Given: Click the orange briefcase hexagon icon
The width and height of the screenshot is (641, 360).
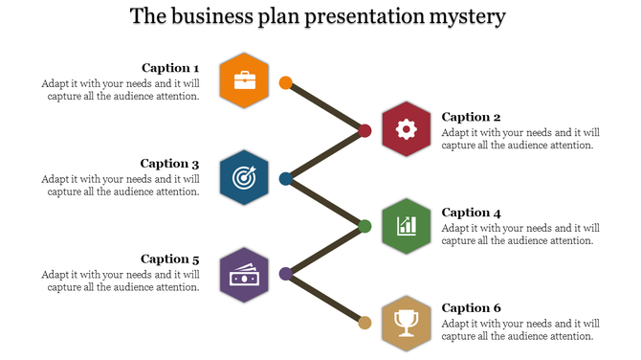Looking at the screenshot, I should tap(244, 80).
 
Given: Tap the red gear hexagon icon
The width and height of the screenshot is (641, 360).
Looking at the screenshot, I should tap(406, 128).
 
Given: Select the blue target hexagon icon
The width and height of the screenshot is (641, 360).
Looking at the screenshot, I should tap(244, 177).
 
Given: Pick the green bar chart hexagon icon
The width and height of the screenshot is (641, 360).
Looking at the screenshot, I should tap(406, 226).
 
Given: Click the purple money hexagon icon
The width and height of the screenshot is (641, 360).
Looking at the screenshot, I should tap(244, 274).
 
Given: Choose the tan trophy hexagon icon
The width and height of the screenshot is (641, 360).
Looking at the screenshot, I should tap(406, 322).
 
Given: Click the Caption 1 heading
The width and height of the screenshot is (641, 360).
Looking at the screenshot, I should tap(170, 68).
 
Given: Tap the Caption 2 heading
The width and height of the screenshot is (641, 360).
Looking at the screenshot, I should tap(472, 117).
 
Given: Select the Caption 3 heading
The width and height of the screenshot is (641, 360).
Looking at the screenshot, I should tap(170, 164).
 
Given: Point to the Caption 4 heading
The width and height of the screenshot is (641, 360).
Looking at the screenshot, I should tap(472, 213).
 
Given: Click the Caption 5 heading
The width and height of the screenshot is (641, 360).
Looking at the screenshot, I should tap(170, 259).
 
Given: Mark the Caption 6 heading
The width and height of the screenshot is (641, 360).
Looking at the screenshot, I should tap(472, 308).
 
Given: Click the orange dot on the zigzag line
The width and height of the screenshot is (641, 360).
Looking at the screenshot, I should tap(285, 82).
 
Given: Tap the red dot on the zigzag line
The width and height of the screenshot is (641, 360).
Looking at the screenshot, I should tap(365, 130).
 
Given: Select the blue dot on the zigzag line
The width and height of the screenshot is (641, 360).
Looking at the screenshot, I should tap(285, 178).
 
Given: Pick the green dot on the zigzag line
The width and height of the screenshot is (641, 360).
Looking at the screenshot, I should tap(365, 226).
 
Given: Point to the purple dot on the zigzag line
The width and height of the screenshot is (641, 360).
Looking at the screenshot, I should tap(285, 274).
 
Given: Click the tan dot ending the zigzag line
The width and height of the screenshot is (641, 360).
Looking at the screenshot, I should tap(365, 322).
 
